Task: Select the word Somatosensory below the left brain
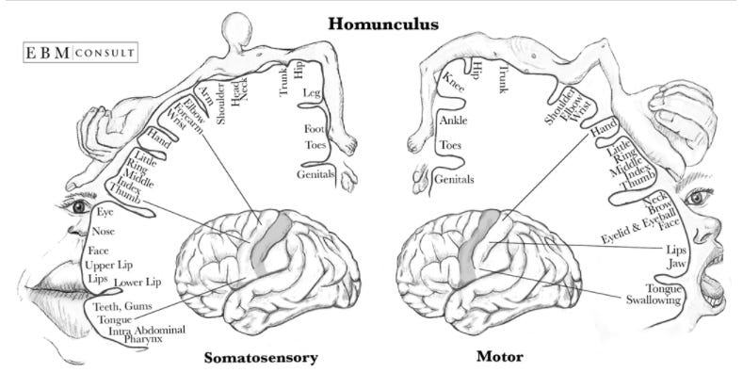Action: (x=261, y=357)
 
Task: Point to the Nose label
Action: (x=105, y=231)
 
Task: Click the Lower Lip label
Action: (x=138, y=283)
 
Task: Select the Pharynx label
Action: (x=143, y=338)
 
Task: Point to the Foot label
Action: (x=315, y=129)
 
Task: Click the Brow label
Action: (x=656, y=213)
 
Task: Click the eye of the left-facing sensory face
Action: (x=79, y=206)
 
